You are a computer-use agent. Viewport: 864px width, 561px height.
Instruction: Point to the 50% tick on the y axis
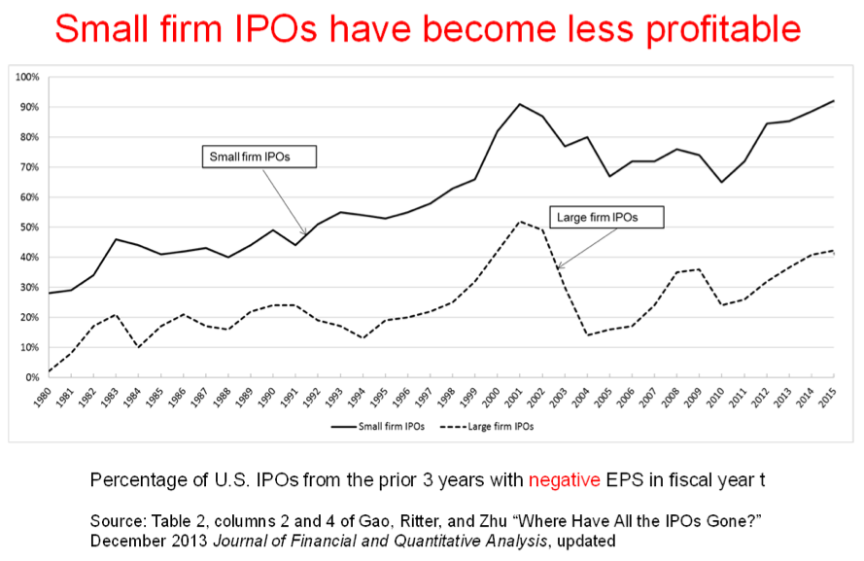coord(29,228)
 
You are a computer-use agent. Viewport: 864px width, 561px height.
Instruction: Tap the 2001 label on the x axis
coord(520,399)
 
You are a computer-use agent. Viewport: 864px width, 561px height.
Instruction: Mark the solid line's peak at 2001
coord(520,104)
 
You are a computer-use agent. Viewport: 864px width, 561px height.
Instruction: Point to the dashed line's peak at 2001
coord(520,222)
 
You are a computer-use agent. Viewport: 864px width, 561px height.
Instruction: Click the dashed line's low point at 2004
coord(587,335)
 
